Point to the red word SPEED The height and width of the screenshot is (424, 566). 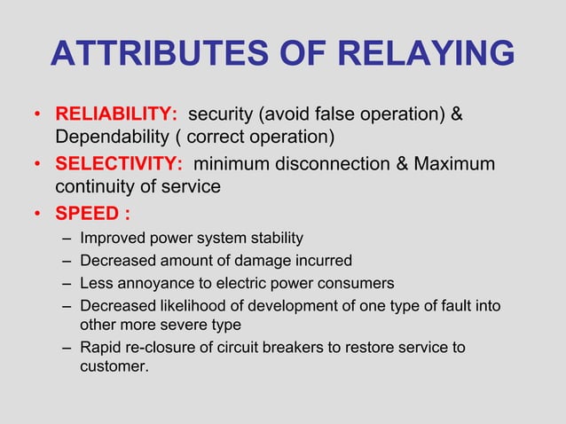88,214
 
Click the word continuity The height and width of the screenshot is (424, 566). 94,187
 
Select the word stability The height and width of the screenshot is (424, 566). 273,238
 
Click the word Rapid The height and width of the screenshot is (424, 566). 100,347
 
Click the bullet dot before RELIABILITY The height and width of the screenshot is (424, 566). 37,116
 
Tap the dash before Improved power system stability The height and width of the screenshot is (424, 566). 68,239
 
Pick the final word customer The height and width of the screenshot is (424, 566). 114,365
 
